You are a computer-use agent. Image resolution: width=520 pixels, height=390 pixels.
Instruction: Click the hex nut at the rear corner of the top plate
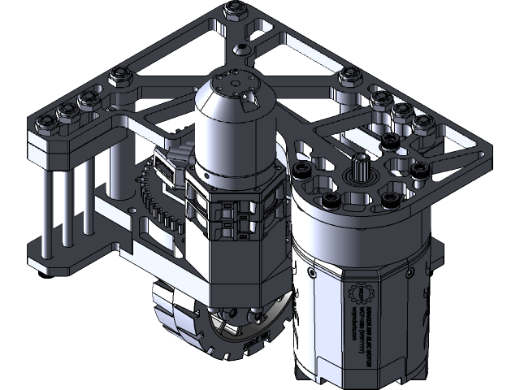click(x=235, y=10)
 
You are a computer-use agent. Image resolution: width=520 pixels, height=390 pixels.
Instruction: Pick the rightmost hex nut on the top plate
click(x=423, y=123)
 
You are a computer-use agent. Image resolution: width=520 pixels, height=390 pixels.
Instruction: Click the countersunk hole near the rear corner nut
click(x=242, y=50)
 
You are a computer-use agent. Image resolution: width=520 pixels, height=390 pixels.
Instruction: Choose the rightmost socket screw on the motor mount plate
click(x=421, y=170)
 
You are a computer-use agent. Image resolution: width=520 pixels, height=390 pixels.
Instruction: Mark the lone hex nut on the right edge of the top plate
click(x=350, y=76)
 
